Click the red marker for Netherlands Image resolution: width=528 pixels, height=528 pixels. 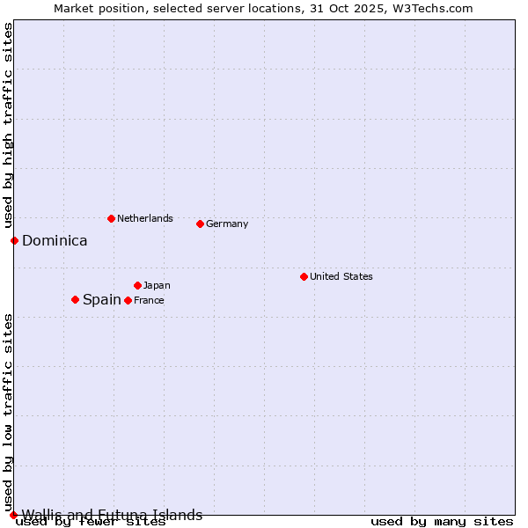click(111, 218)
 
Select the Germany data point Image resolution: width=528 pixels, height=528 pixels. click(200, 224)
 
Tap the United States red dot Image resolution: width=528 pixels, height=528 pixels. click(304, 276)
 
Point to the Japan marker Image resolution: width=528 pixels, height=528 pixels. click(137, 285)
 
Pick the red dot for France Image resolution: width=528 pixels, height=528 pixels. click(128, 300)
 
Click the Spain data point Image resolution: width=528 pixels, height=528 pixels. click(75, 299)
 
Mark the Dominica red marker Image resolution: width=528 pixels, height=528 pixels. click(14, 240)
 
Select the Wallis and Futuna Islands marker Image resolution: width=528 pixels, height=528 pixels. click(13, 515)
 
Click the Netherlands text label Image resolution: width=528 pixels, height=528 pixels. click(144, 218)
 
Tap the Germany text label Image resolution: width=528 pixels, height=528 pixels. click(227, 224)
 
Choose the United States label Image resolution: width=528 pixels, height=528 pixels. click(341, 276)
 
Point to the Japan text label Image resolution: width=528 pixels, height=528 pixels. click(157, 285)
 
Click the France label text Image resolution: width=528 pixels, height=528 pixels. click(149, 300)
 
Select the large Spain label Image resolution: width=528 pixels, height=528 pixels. click(101, 299)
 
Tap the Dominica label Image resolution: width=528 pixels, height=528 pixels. click(55, 240)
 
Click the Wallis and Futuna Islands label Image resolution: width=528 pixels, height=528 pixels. click(112, 515)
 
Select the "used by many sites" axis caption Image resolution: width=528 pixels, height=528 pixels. click(442, 521)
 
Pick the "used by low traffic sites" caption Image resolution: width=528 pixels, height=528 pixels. click(8, 411)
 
